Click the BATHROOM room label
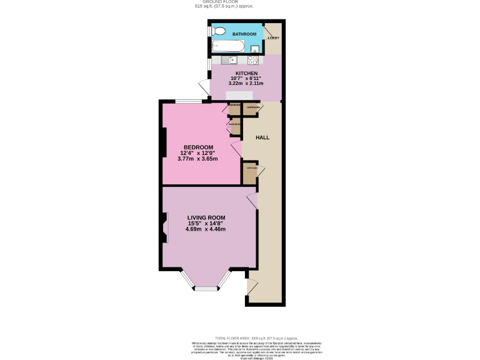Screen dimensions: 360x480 tap(244, 34)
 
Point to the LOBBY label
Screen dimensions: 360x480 tap(273, 38)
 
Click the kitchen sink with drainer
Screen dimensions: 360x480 tap(226, 60)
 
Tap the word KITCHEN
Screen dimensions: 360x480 tap(246, 72)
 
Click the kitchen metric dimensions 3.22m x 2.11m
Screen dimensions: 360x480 tap(246, 83)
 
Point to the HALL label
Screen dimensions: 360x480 tap(262, 137)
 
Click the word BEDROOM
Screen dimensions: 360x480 tap(198, 147)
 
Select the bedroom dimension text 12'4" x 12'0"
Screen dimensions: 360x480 tap(199, 153)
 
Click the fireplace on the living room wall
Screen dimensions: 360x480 tap(165, 228)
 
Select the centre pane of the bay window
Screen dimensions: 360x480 tap(206, 289)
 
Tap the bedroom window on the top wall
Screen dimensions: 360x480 tap(188, 102)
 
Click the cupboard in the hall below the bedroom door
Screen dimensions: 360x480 tap(249, 173)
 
